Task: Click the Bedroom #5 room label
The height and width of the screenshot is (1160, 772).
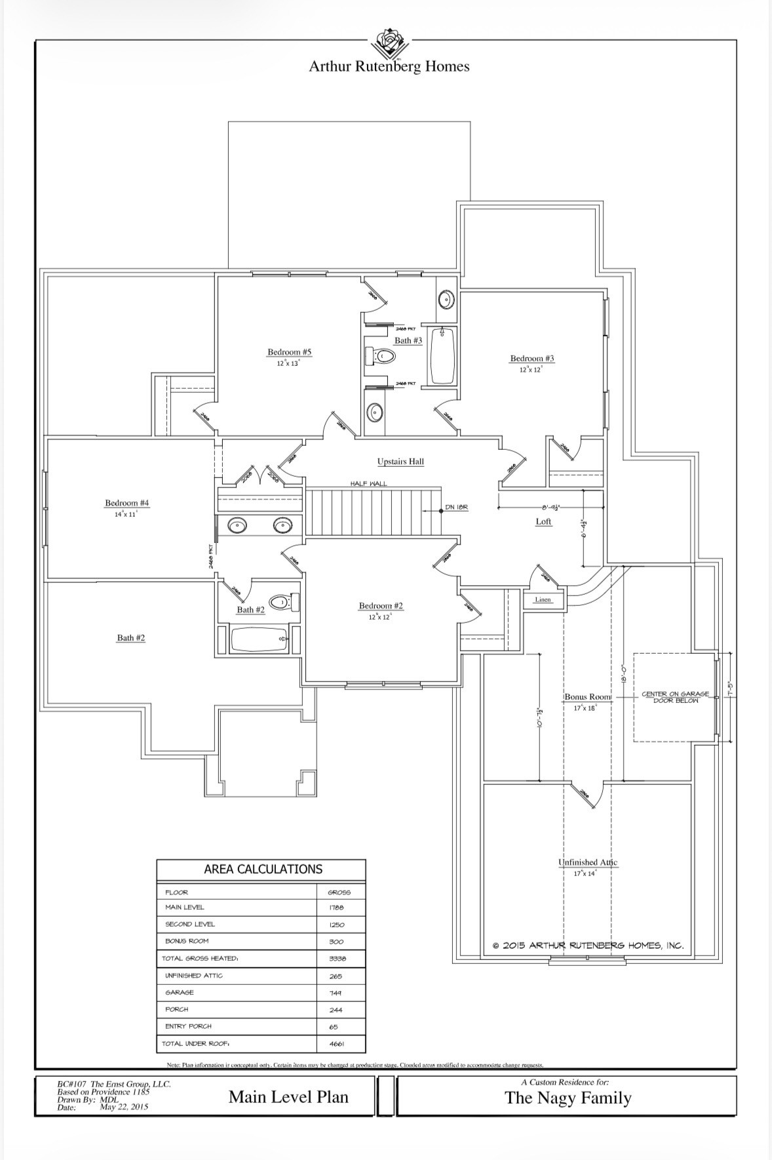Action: (x=289, y=352)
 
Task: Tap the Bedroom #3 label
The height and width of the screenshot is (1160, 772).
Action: (x=531, y=359)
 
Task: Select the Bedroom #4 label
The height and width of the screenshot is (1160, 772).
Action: (x=127, y=503)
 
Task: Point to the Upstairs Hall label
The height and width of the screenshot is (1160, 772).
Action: (x=400, y=462)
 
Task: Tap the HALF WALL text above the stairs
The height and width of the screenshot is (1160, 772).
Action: (x=368, y=483)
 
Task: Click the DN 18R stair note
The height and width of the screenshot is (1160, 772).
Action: (x=456, y=508)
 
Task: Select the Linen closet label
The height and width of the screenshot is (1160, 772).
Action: (x=543, y=599)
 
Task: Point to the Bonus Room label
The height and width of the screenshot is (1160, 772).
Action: (x=587, y=697)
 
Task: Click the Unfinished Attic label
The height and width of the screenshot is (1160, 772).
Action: (x=587, y=862)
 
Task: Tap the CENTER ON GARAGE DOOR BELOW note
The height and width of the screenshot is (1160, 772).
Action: (x=675, y=697)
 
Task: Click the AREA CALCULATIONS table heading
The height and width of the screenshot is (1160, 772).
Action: (x=263, y=870)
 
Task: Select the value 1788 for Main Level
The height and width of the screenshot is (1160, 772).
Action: (x=336, y=908)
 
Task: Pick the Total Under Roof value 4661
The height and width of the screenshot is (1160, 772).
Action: (x=336, y=1043)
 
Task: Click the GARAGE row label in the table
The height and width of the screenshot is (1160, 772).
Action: (x=180, y=992)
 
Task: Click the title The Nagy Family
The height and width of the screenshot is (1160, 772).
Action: (x=568, y=1098)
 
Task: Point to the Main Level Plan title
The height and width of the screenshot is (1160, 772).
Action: (x=288, y=1097)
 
